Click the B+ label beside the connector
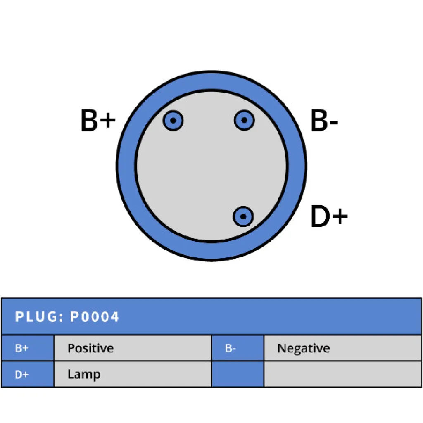pyautogui.click(x=98, y=121)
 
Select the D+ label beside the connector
pyautogui.click(x=329, y=217)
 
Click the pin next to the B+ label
pyautogui.click(x=173, y=121)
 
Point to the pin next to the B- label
pyautogui.click(x=244, y=121)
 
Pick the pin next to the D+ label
pyautogui.click(x=243, y=216)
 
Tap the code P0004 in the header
pyautogui.click(x=95, y=317)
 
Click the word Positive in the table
pyautogui.click(x=90, y=348)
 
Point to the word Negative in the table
pyautogui.click(x=304, y=348)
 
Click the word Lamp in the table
pyautogui.click(x=84, y=375)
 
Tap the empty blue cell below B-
pyautogui.click(x=238, y=375)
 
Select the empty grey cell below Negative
pyautogui.click(x=342, y=375)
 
